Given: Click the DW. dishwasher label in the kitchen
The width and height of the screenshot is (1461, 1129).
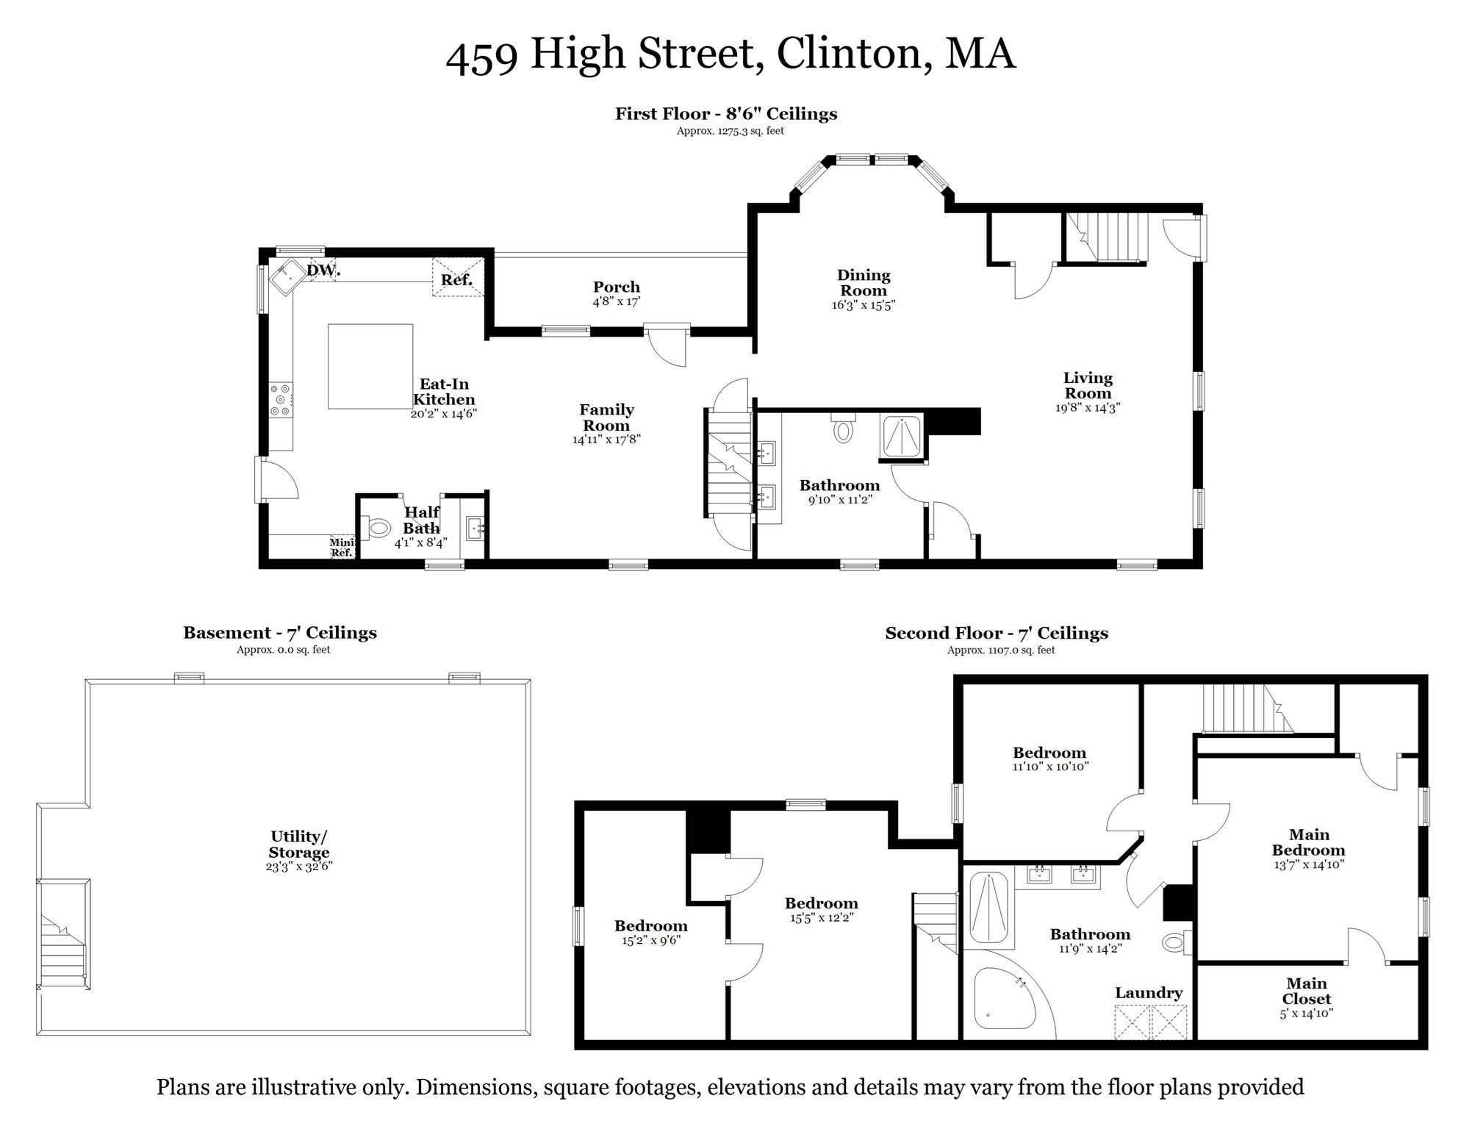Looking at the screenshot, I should click(323, 270).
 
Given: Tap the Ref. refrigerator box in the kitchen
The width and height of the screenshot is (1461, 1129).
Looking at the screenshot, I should click(457, 279).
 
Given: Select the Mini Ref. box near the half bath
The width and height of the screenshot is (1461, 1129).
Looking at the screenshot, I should click(342, 547).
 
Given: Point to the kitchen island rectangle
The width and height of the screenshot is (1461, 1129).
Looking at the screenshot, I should click(370, 366).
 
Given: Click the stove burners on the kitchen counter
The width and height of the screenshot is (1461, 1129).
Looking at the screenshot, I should click(280, 400).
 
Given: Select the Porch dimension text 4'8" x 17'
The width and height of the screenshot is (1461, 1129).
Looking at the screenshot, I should click(616, 302).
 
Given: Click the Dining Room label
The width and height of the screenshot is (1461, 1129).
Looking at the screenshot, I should click(864, 283).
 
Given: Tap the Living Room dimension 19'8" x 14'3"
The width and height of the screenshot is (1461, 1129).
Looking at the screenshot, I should click(1087, 408).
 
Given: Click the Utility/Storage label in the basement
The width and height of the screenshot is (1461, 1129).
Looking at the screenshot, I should click(298, 845).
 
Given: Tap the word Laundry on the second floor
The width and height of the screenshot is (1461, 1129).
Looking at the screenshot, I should click(1148, 993).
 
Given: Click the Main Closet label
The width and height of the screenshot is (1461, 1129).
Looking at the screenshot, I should click(1306, 991).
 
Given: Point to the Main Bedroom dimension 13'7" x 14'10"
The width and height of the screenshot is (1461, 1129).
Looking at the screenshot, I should click(1308, 865).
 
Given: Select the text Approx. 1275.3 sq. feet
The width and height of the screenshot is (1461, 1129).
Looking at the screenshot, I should click(730, 131).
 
